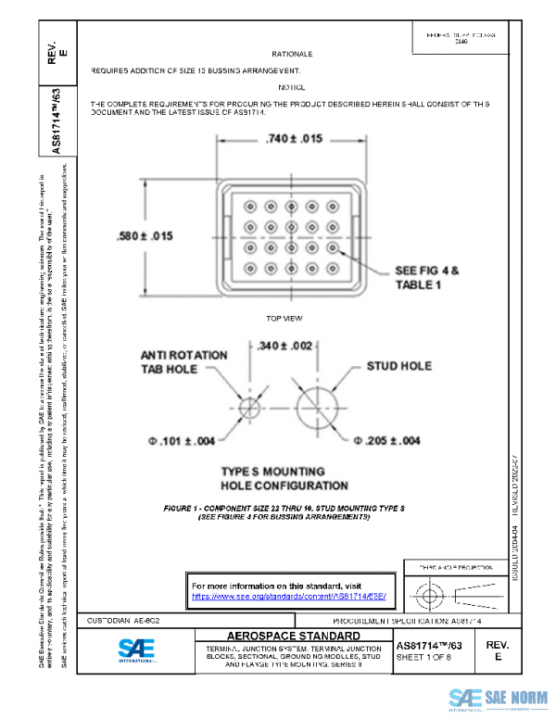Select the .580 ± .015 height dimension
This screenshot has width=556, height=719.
[x=145, y=235]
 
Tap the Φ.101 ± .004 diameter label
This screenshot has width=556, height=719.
[x=182, y=440]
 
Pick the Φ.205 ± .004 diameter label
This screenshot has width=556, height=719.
[x=387, y=440]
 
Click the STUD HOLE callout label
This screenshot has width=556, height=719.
[x=399, y=366]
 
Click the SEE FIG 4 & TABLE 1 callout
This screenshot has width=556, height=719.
[x=427, y=278]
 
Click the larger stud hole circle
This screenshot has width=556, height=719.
[x=316, y=408]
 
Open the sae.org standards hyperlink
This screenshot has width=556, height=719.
[x=288, y=599]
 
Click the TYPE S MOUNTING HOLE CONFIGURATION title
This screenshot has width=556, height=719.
[x=284, y=478]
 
